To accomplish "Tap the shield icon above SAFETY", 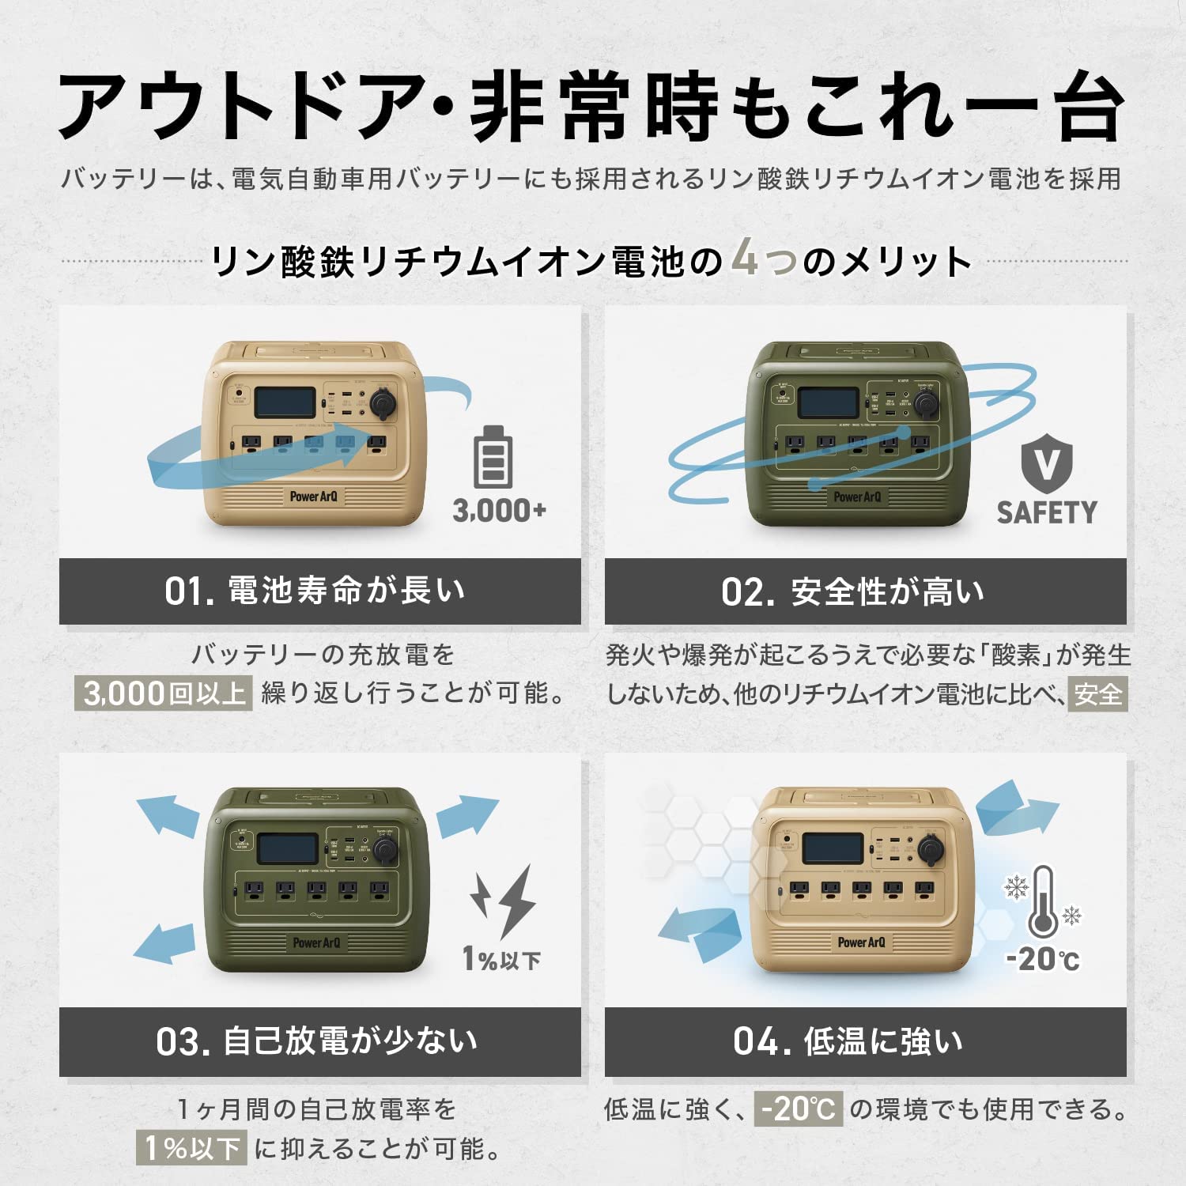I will point(1046,466).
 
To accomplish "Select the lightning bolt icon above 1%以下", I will point(504,901).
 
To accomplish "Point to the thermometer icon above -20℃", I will point(1044,902).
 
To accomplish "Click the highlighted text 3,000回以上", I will point(164,693).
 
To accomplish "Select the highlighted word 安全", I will point(1098,694).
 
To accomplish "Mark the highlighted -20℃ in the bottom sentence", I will point(799,1109).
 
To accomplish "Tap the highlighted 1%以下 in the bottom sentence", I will point(192,1148).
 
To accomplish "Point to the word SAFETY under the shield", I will point(1046,512).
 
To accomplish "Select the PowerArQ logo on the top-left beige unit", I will point(313,497).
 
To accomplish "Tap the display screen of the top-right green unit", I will point(828,402).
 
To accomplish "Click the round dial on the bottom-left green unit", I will point(385,850).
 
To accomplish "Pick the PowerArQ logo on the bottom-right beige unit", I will point(861,942).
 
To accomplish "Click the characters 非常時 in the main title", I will point(593,107).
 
